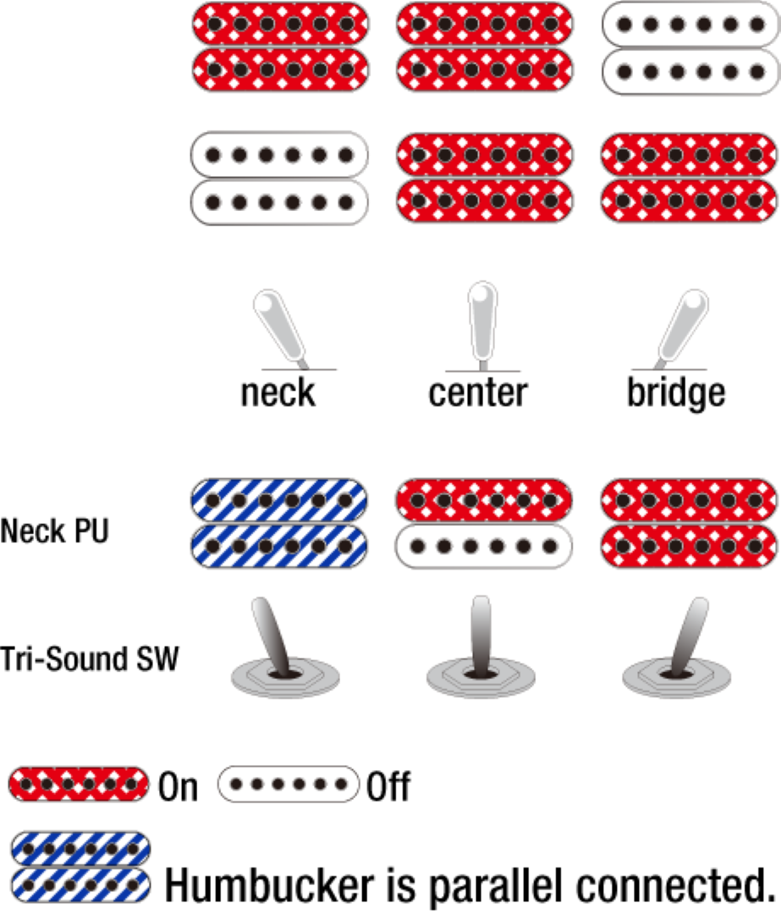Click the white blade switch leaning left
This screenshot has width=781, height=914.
click(x=279, y=327)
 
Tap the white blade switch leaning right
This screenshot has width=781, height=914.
click(x=684, y=327)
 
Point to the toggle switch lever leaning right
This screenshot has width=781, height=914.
click(x=687, y=635)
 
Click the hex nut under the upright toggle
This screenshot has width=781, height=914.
click(x=481, y=677)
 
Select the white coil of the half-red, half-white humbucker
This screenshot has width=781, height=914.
click(x=484, y=546)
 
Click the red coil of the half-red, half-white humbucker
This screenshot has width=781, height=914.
click(x=484, y=501)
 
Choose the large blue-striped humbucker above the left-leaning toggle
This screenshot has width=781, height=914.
click(x=280, y=523)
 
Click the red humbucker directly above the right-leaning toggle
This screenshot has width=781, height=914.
click(x=688, y=523)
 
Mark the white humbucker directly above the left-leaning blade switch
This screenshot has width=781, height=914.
click(x=280, y=178)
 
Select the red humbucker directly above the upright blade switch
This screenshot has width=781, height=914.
click(x=484, y=178)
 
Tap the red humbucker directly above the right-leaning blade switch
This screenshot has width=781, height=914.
click(x=688, y=178)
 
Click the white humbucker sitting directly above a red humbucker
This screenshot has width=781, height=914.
click(x=688, y=47)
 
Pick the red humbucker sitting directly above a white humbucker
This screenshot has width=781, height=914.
click(x=280, y=47)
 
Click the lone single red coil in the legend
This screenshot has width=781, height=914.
click(x=79, y=784)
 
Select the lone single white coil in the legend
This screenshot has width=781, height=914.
click(x=289, y=784)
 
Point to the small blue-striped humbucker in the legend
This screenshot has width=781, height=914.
click(x=80, y=866)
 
